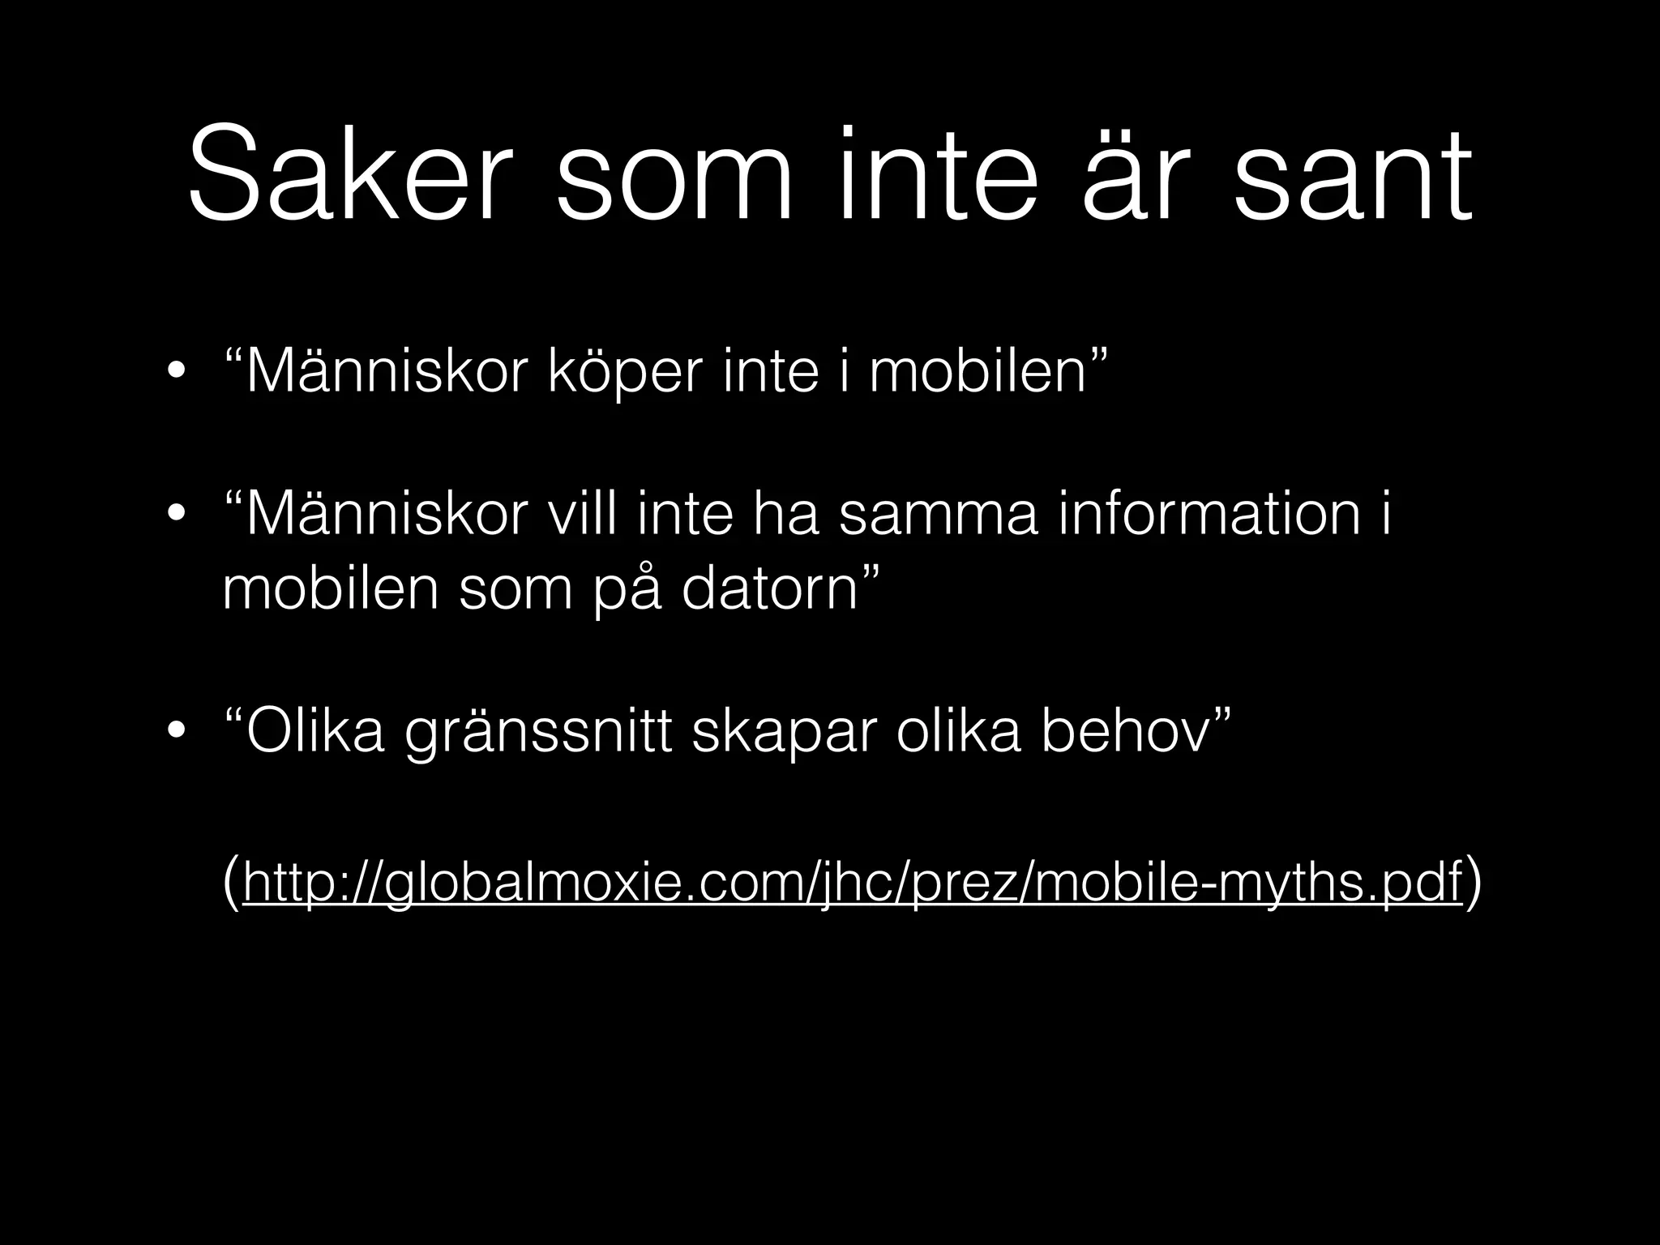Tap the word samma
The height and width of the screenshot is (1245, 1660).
(938, 516)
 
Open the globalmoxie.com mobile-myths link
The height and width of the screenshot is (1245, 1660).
(852, 883)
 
